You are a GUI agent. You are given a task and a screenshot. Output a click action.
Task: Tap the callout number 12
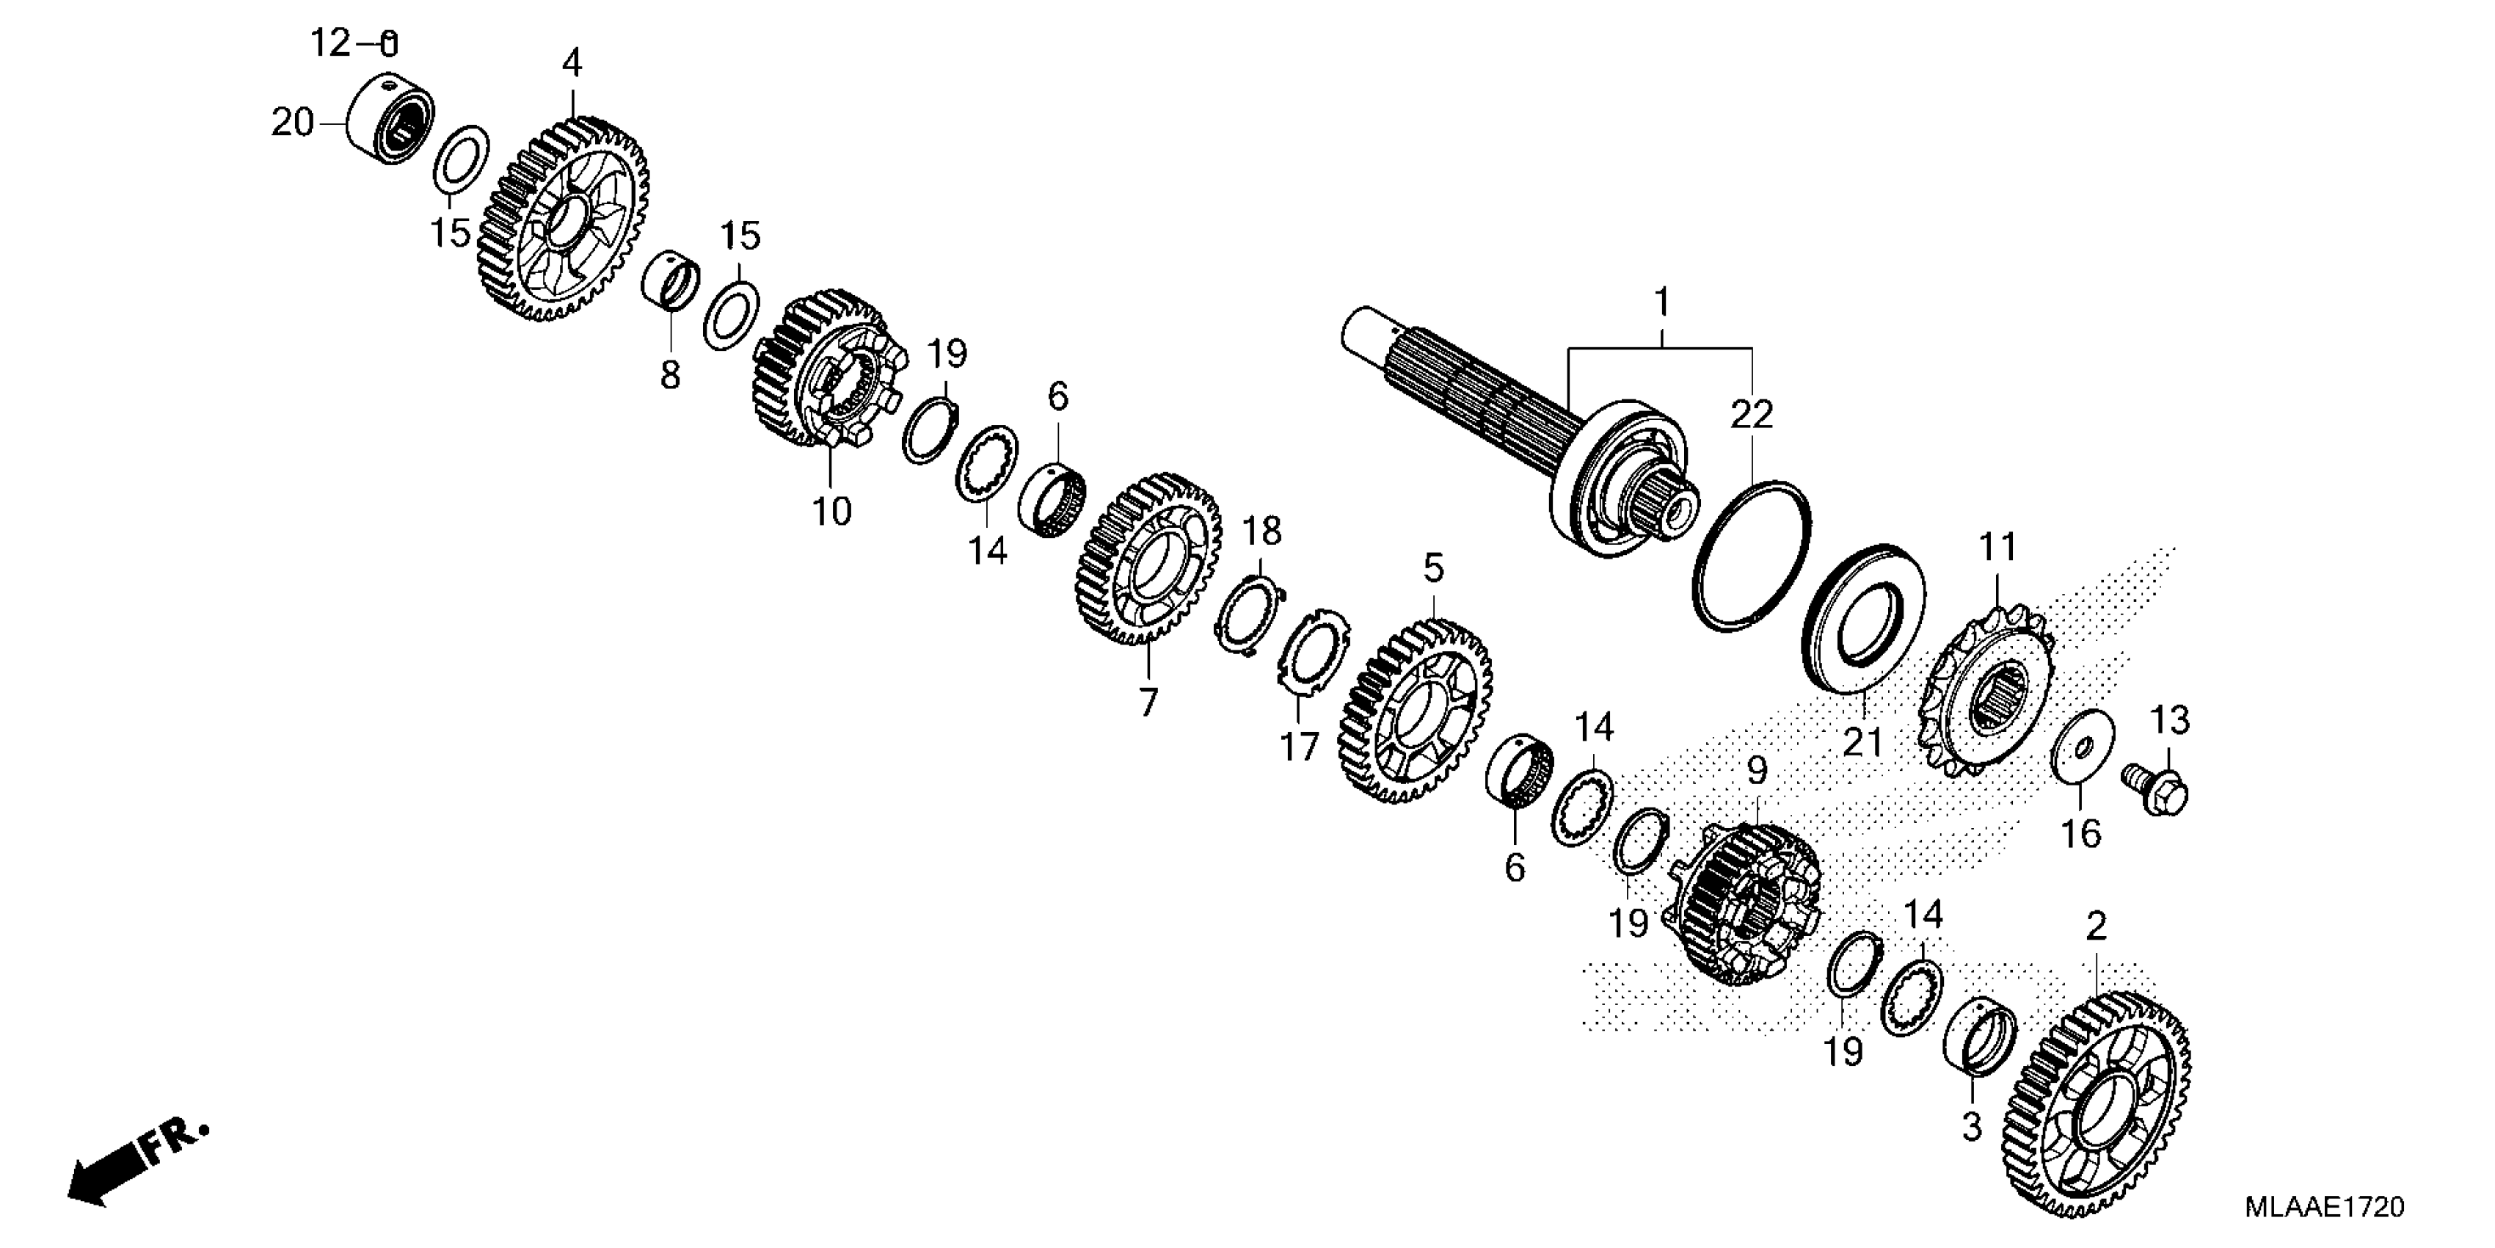(329, 43)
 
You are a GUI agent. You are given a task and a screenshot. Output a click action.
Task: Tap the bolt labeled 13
(2159, 787)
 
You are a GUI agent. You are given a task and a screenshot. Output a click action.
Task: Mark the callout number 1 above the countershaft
(1662, 303)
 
